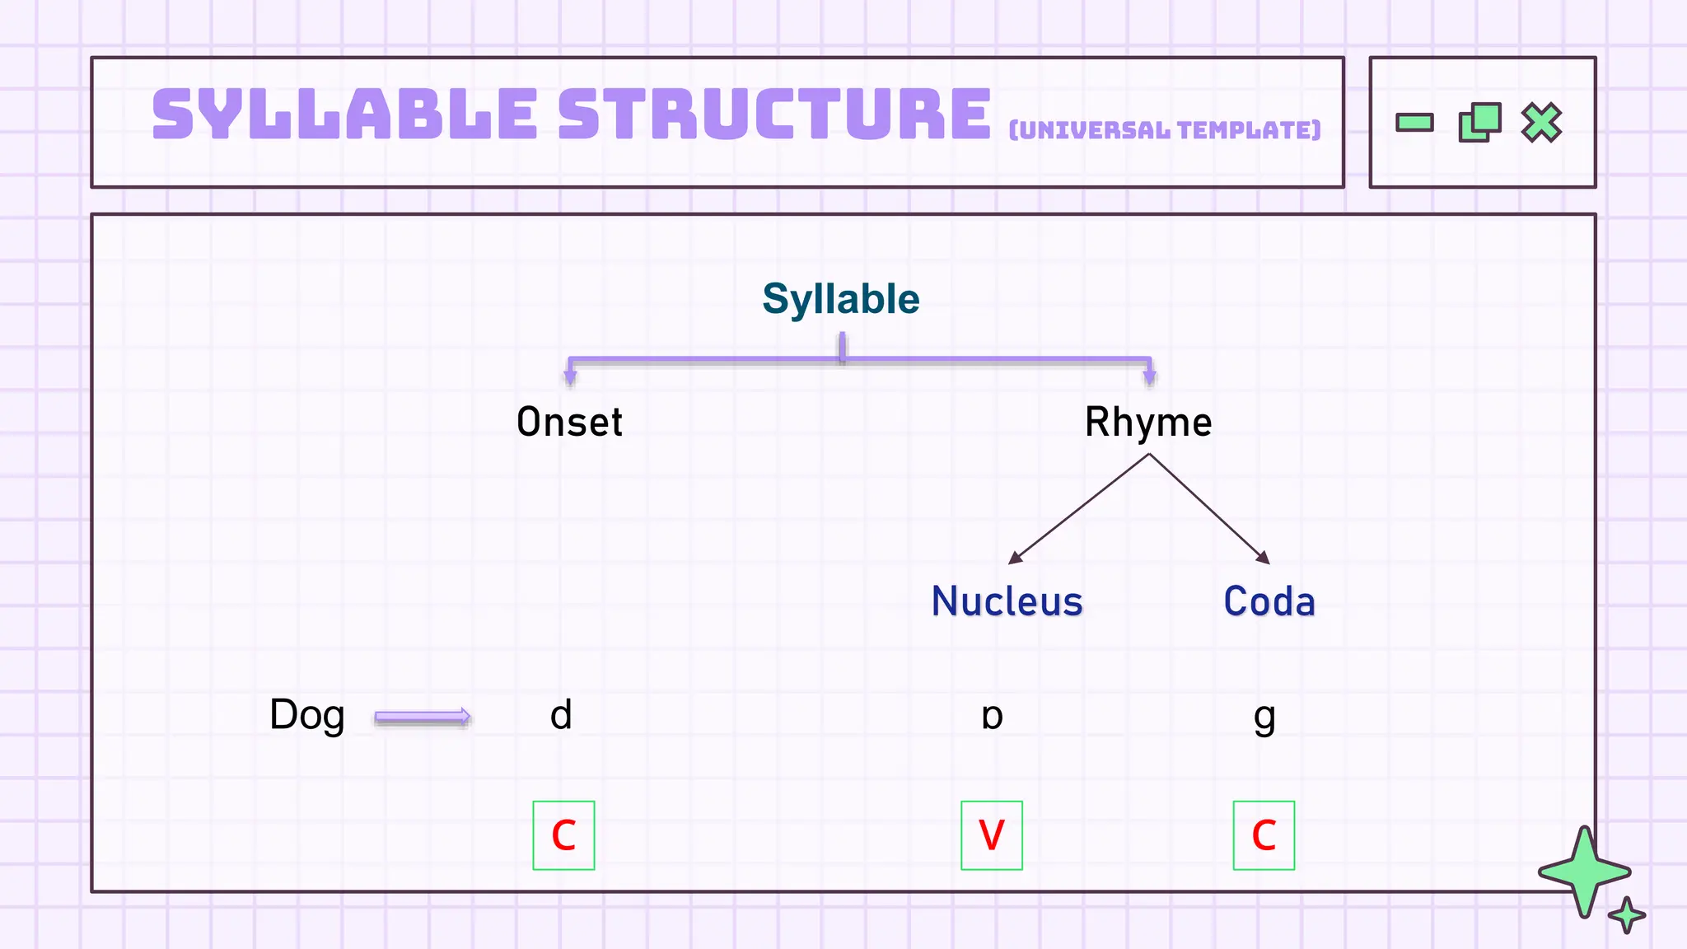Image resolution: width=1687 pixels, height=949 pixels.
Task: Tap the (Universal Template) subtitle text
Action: coord(1164,130)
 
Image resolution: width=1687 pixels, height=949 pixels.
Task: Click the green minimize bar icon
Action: coord(1414,123)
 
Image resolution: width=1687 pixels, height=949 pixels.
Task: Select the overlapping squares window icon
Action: coord(1479,123)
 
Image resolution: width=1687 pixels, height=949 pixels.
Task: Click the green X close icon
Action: coord(1541,123)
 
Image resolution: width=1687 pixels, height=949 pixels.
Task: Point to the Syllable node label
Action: coord(840,298)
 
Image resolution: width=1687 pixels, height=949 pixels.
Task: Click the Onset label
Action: coord(569,422)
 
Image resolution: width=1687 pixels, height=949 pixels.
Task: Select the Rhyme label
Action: coord(1147,422)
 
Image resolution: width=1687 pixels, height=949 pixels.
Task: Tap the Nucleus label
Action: coord(1007,601)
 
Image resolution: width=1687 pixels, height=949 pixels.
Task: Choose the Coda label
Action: coord(1269,601)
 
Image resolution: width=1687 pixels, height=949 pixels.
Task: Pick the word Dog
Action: coord(306,715)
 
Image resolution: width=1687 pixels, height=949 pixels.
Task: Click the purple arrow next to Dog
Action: coord(422,717)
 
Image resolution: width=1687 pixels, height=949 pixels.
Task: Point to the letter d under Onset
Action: coord(561,715)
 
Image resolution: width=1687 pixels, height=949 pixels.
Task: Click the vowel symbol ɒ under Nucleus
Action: coord(992,717)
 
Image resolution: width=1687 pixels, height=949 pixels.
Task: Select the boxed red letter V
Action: coord(991,835)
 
